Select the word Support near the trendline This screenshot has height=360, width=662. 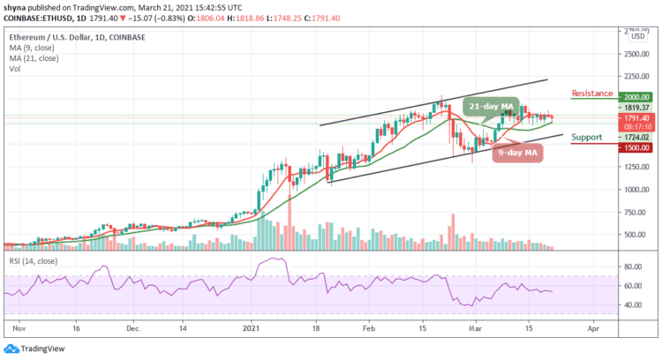[x=588, y=138]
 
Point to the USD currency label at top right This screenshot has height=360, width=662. [x=636, y=36]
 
